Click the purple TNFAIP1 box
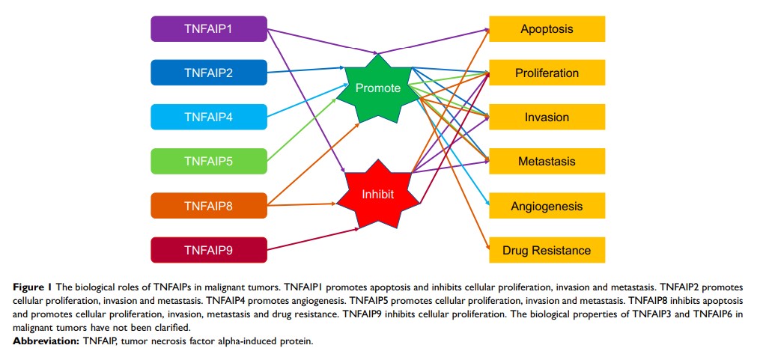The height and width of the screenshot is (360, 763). point(209,29)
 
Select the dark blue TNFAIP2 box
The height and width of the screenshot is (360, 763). point(209,73)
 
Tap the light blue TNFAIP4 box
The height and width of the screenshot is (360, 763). point(209,117)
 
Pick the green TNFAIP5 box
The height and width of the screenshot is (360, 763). point(209,161)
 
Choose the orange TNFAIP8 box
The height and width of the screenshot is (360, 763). point(209,205)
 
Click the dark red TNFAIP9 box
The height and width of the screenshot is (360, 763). point(209,249)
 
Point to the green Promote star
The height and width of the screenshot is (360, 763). point(378,88)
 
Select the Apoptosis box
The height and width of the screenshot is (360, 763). point(547,29)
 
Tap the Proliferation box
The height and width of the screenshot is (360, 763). point(547,73)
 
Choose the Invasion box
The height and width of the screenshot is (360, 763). point(547,117)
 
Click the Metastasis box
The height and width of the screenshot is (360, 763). point(547,161)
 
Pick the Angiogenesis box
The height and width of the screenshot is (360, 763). point(547,205)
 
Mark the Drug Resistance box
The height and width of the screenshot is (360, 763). point(547,249)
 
